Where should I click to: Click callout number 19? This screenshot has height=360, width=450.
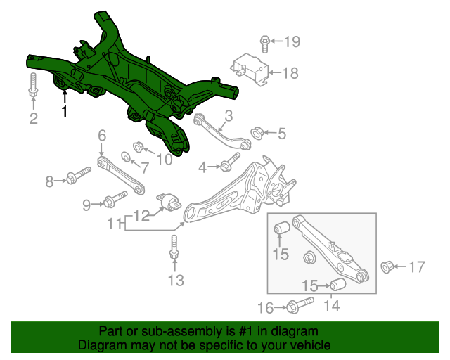(x=291, y=42)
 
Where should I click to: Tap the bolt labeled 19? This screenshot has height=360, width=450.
(x=265, y=43)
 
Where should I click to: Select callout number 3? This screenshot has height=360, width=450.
(x=229, y=117)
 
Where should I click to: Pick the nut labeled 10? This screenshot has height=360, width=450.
(x=139, y=147)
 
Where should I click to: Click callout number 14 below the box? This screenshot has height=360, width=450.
(x=331, y=306)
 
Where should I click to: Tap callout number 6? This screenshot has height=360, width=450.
(x=102, y=135)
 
